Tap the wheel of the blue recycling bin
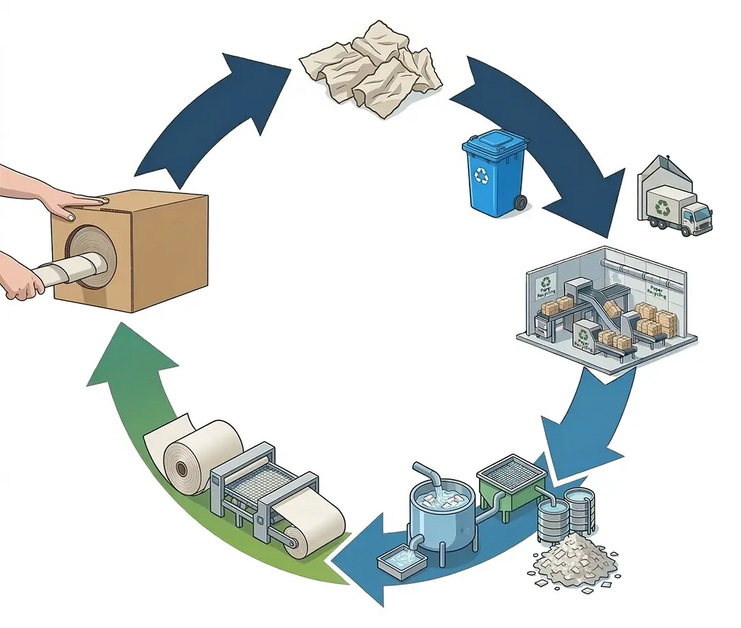point(521,202)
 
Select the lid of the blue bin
point(495,146)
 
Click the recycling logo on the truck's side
point(663,206)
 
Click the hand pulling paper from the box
point(21,282)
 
